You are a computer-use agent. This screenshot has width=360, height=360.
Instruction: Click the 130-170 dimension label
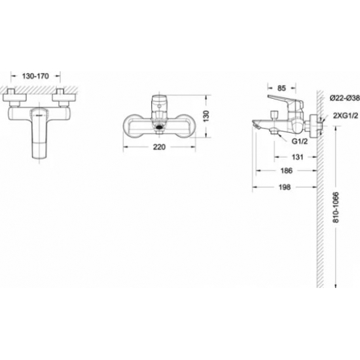coord(35,76)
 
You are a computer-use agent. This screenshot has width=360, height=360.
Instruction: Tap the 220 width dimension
coord(159,147)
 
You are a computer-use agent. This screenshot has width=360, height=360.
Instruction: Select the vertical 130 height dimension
coord(206,116)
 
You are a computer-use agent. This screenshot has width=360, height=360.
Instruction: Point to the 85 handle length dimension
coord(281,88)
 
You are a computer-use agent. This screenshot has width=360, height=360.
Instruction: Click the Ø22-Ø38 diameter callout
coord(344,98)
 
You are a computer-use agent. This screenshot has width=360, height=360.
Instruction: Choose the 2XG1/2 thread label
coord(346,116)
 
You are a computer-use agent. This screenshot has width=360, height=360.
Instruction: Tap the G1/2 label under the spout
coord(299,141)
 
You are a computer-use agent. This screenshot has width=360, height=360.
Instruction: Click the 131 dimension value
coord(297,157)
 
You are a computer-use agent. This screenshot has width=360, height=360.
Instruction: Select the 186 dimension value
coord(287,171)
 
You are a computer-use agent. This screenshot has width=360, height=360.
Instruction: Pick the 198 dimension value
coord(285,187)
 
